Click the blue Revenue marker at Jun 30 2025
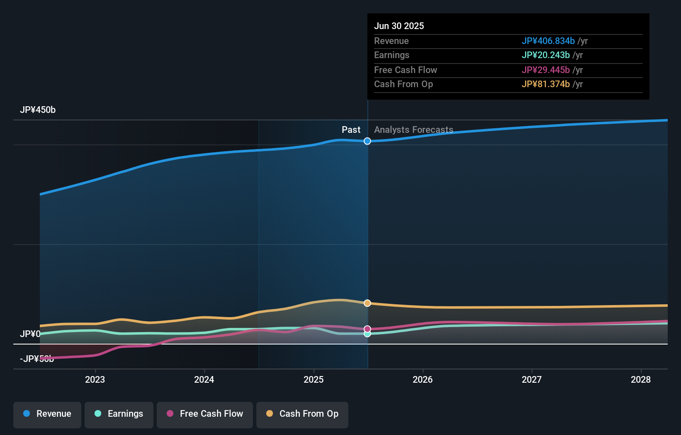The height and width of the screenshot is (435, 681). pyautogui.click(x=367, y=141)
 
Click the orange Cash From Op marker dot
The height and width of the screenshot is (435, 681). pyautogui.click(x=367, y=303)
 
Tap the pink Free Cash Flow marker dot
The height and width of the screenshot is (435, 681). pyautogui.click(x=367, y=329)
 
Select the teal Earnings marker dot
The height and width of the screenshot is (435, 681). pyautogui.click(x=367, y=334)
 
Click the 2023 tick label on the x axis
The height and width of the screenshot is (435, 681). pyautogui.click(x=95, y=379)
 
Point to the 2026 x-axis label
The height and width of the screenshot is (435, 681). pyautogui.click(x=423, y=379)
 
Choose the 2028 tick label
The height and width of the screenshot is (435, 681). pyautogui.click(x=641, y=379)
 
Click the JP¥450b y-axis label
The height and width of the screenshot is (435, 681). pyautogui.click(x=38, y=110)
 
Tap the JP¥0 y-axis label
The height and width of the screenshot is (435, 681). pyautogui.click(x=30, y=334)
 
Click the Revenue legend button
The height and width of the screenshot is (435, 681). pyautogui.click(x=47, y=414)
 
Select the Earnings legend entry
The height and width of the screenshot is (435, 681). pyautogui.click(x=119, y=414)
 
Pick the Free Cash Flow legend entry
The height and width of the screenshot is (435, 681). pyautogui.click(x=205, y=414)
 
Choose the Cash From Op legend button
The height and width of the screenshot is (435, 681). pyautogui.click(x=302, y=414)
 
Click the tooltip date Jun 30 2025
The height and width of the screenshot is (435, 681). pyautogui.click(x=399, y=26)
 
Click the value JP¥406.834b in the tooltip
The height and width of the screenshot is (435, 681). pyautogui.click(x=548, y=41)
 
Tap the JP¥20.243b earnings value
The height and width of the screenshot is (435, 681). pyautogui.click(x=545, y=55)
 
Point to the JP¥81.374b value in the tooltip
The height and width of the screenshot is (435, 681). pyautogui.click(x=545, y=84)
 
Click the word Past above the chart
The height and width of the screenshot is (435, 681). pyautogui.click(x=351, y=130)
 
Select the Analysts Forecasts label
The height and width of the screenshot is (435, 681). pyautogui.click(x=413, y=130)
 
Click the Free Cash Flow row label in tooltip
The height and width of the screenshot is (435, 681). pyautogui.click(x=405, y=70)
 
